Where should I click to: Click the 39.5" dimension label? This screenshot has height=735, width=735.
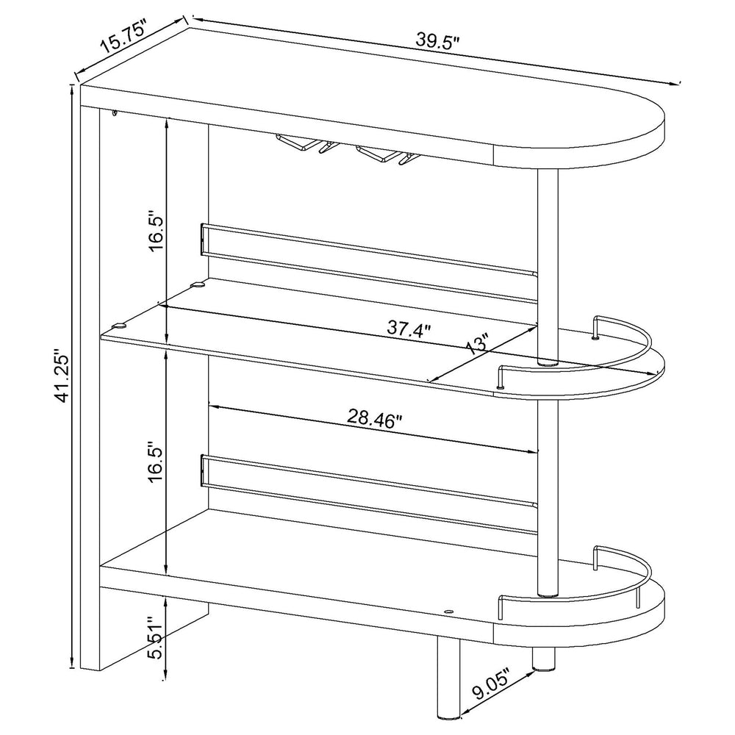437,41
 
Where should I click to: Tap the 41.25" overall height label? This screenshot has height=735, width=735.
61,376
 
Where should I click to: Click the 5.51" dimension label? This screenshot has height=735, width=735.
156,637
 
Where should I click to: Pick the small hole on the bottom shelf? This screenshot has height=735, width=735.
449,610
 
